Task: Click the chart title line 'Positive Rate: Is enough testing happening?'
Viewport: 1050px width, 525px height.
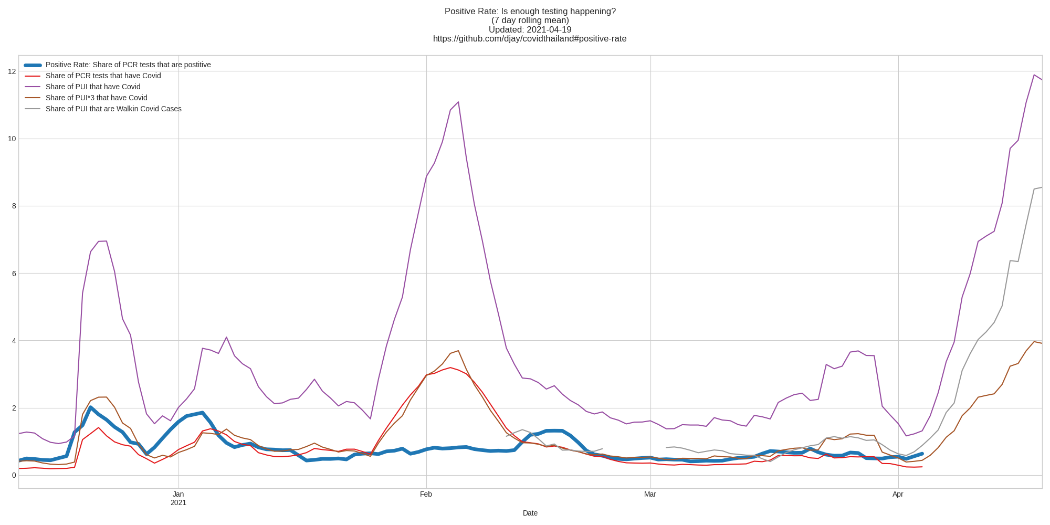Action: click(530, 12)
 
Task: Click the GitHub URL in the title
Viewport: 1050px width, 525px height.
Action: click(530, 39)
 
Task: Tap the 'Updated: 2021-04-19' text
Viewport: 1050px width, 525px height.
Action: click(530, 30)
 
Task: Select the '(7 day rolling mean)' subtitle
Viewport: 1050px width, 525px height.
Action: click(530, 20)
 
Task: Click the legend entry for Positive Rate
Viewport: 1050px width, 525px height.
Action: click(128, 65)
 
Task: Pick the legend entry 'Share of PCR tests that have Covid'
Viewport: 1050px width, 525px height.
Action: click(103, 76)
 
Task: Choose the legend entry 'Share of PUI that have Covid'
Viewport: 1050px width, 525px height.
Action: click(93, 87)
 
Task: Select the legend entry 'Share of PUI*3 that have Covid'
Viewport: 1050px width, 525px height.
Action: click(96, 98)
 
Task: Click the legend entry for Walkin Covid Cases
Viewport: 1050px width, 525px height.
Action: click(113, 109)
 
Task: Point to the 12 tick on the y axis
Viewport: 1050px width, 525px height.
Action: click(12, 71)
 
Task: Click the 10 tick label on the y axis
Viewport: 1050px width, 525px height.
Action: click(12, 139)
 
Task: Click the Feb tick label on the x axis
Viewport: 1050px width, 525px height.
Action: click(426, 495)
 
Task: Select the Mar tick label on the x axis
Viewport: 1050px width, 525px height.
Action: click(650, 495)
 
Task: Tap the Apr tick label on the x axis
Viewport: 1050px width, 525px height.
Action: click(898, 495)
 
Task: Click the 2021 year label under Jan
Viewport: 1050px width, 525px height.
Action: click(178, 503)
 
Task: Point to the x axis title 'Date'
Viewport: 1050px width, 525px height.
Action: click(530, 513)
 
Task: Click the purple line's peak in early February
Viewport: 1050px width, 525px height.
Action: click(458, 102)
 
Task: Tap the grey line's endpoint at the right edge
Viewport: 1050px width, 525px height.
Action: click(1042, 187)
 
